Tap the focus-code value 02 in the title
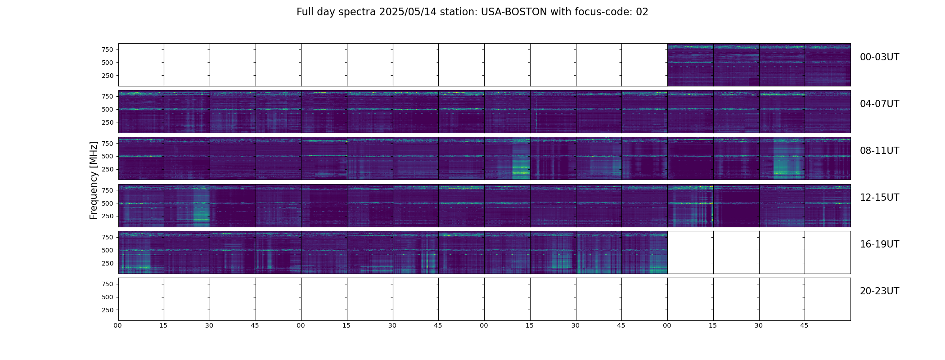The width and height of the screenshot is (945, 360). [x=642, y=12]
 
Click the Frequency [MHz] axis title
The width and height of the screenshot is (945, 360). [x=94, y=180]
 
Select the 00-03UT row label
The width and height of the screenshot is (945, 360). [x=879, y=57]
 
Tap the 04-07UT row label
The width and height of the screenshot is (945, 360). [x=879, y=104]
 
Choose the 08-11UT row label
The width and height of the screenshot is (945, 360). [x=879, y=151]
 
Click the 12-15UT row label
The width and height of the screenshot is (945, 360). [x=879, y=198]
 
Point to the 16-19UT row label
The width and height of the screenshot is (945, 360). [x=879, y=244]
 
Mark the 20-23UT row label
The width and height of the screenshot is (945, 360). [x=879, y=291]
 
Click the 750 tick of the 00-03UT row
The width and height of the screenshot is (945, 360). [x=107, y=49]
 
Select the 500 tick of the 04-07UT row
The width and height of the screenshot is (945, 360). [x=107, y=109]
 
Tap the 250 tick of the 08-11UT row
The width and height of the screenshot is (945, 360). [x=107, y=169]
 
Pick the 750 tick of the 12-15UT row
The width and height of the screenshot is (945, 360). [x=107, y=190]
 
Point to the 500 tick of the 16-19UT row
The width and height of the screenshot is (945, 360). [x=107, y=250]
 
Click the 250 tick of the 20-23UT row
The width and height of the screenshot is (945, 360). [x=107, y=310]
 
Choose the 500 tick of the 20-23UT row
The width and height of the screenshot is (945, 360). [x=107, y=297]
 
